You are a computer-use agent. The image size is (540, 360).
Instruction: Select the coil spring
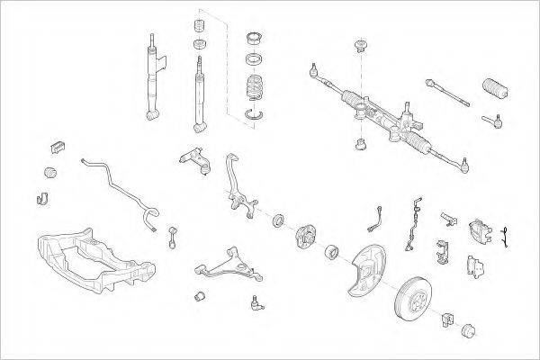pos(256,92)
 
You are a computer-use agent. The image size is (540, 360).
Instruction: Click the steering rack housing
pos(378,112)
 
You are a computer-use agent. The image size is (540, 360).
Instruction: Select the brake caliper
pos(479,233)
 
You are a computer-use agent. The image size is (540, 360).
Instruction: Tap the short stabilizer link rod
pos(171,237)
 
